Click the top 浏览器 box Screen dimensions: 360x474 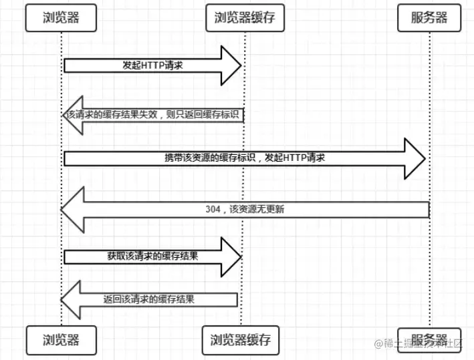pos(61,17)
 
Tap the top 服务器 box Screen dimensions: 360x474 pos(430,17)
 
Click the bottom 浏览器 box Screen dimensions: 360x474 pos(61,340)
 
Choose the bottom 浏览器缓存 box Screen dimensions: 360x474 pos(240,340)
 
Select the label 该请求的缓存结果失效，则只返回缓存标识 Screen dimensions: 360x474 pos(153,115)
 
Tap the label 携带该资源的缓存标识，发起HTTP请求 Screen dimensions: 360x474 pos(245,158)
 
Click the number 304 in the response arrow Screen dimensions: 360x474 pos(213,209)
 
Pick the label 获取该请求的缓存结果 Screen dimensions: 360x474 pos(152,256)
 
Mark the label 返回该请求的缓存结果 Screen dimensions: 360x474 pos(149,299)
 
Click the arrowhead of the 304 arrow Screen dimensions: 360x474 pos(72,210)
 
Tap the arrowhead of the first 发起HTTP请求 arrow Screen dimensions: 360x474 pos(231,65)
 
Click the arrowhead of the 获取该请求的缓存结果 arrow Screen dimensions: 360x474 pos(231,256)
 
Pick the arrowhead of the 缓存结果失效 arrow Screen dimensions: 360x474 pos(73,116)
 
